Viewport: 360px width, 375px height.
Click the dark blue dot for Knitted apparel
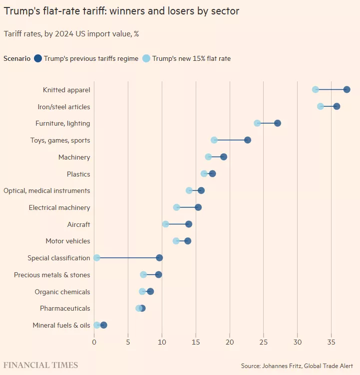(347, 90)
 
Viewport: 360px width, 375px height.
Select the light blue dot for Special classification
(96, 258)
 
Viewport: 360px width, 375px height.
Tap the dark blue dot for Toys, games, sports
(247, 140)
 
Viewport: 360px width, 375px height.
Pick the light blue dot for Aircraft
(165, 224)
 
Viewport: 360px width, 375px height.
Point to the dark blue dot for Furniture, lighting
(278, 123)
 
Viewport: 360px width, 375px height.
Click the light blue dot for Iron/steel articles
(320, 106)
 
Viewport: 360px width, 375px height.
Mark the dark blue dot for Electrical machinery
(198, 207)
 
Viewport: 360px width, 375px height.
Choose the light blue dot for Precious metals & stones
(143, 275)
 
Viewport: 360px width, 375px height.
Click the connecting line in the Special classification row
(128, 258)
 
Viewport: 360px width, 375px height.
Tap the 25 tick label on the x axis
(264, 342)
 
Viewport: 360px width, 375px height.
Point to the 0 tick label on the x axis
(94, 342)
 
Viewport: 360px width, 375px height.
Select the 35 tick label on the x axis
(331, 342)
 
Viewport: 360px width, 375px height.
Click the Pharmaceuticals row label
(65, 308)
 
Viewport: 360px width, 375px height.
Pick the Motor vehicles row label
(68, 241)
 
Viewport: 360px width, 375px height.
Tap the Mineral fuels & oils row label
(61, 325)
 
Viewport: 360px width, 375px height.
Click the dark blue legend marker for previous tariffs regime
(38, 58)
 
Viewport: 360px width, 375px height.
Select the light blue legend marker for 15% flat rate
(146, 58)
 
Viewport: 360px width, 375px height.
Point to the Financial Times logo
(41, 365)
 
